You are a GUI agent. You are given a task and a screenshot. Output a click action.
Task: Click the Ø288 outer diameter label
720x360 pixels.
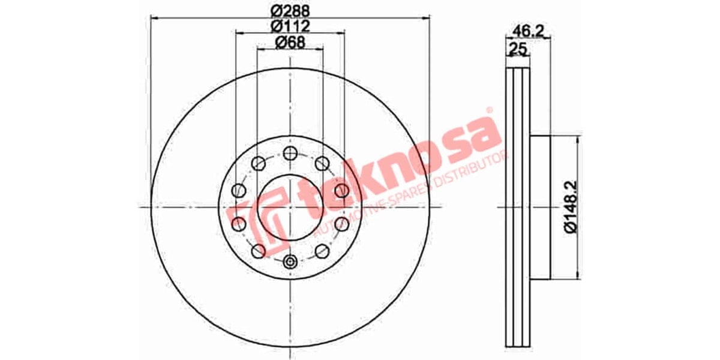290,11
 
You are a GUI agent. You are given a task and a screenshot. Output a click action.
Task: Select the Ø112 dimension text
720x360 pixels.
290,26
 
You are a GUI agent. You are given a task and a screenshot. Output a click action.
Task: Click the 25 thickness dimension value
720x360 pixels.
515,49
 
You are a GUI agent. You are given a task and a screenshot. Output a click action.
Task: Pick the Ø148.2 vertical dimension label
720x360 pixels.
571,208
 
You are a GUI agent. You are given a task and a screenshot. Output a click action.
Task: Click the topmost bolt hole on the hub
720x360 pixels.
290,152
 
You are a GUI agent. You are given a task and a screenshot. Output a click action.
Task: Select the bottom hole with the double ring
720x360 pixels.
290,262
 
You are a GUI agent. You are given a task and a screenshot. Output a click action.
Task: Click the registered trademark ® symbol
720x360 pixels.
488,111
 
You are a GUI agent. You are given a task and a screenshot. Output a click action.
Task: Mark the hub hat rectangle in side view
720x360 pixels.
541,207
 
